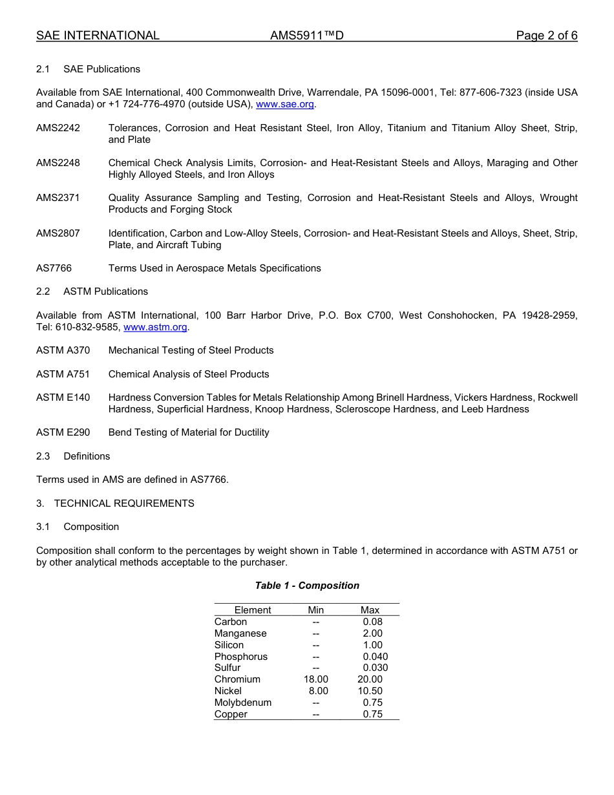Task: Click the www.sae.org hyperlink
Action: [285, 104]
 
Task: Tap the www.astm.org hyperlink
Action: [155, 327]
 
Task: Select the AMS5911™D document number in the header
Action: [307, 36]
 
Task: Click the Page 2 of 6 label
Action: [546, 36]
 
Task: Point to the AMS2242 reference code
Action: [58, 128]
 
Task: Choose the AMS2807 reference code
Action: [58, 233]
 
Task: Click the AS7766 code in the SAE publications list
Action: [54, 268]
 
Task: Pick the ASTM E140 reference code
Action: [63, 397]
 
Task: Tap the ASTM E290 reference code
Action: [63, 432]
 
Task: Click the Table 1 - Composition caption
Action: [307, 586]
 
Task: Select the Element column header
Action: [253, 610]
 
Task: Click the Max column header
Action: [370, 610]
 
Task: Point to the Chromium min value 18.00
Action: [316, 679]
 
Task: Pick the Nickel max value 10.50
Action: [370, 691]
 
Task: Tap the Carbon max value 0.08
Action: [373, 622]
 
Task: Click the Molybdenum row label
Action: [243, 703]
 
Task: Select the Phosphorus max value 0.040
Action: [376, 657]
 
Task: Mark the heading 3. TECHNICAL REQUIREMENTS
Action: [115, 503]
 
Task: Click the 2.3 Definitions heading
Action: [73, 456]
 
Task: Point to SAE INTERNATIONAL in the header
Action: [98, 36]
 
